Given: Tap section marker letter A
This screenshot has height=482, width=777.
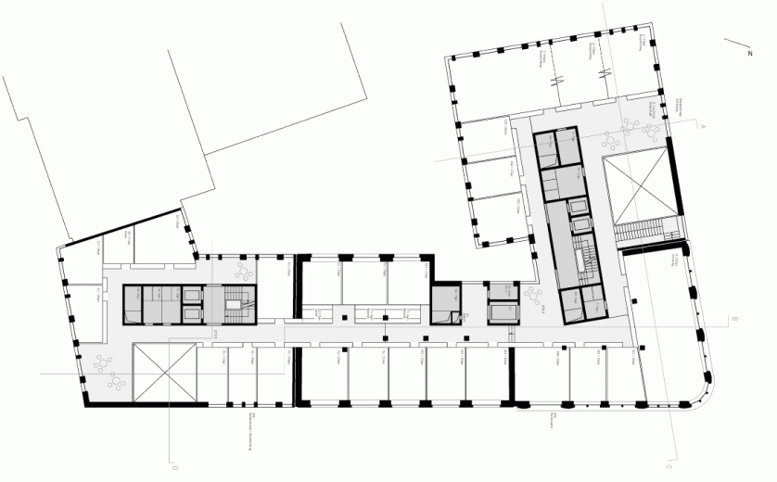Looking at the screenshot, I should tap(705, 124).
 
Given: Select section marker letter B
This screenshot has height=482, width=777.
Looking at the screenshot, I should tap(733, 319).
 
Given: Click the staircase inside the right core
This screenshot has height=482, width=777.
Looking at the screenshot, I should tap(584, 261).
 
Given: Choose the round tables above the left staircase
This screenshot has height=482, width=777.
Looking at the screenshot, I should tap(246, 271).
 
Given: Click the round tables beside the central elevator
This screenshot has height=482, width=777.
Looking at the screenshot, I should tap(535, 296).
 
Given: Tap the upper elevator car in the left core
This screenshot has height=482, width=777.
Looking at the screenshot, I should tap(194, 296).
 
